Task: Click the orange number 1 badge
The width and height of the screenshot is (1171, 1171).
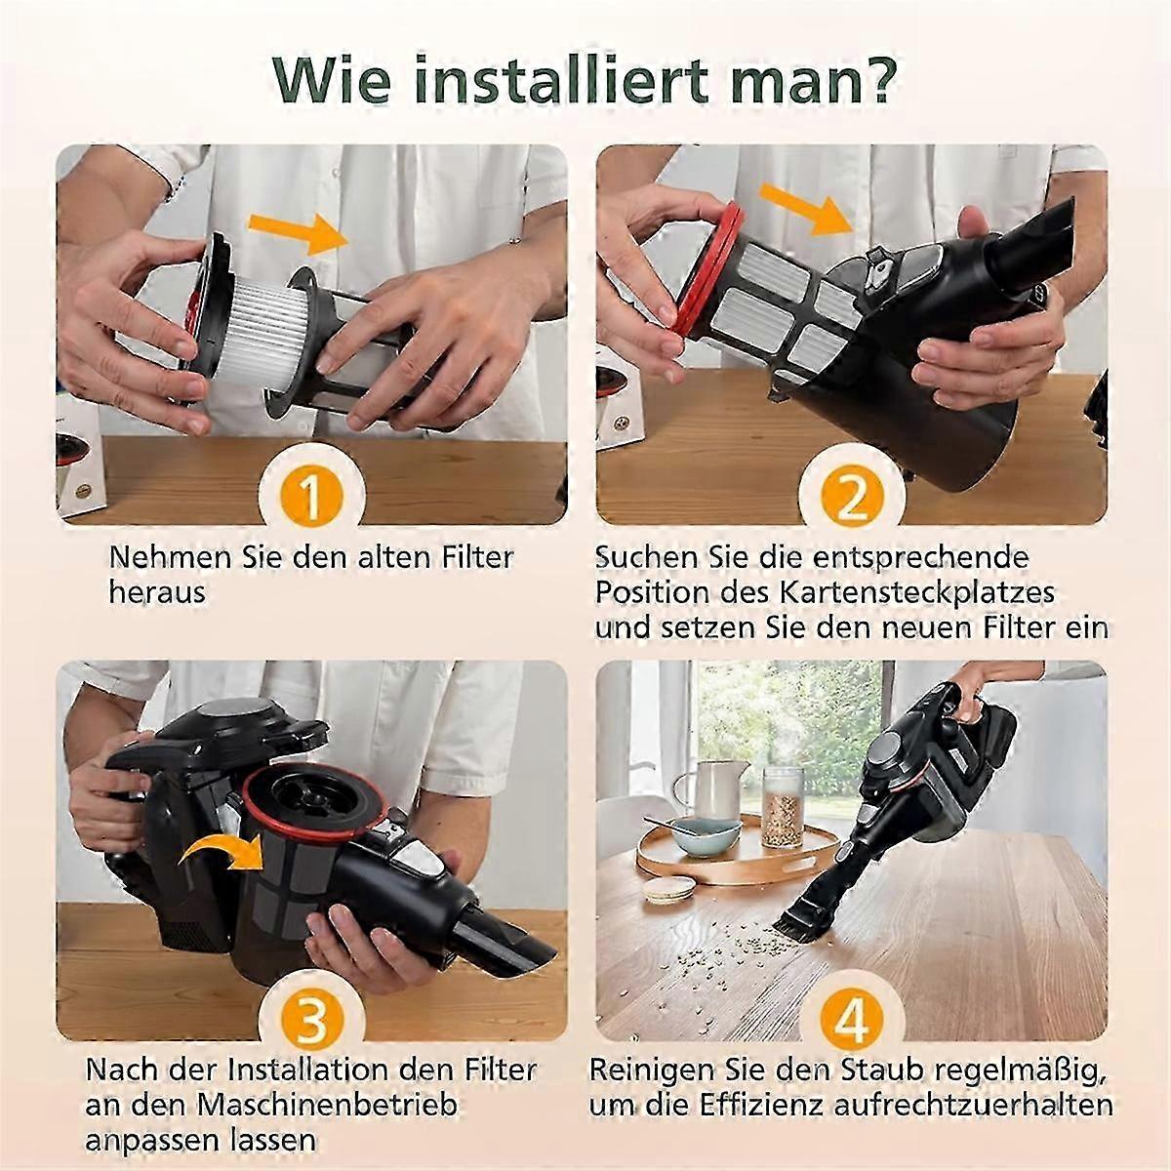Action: (311, 496)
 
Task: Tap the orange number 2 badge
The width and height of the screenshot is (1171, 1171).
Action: (851, 496)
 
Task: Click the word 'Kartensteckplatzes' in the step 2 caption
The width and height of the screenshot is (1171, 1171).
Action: (917, 593)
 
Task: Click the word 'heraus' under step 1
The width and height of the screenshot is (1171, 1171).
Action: (157, 593)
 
